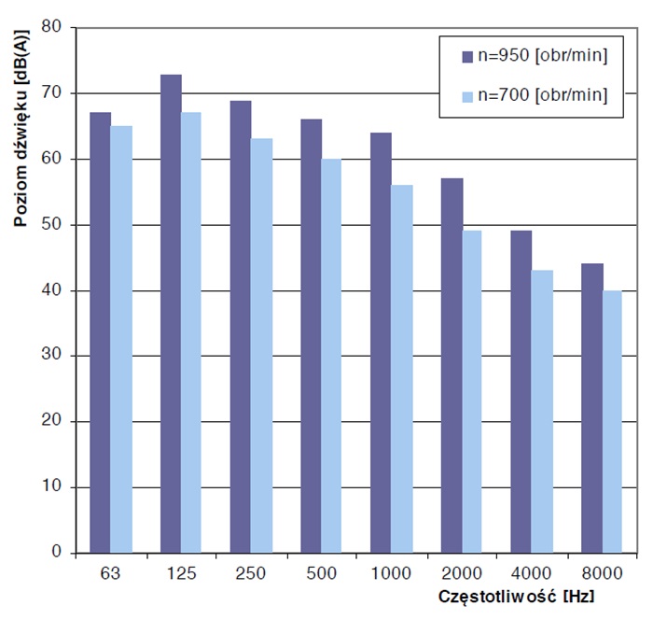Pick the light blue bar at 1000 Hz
click(x=402, y=369)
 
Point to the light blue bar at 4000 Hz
click(x=542, y=412)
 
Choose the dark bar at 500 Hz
click(x=311, y=336)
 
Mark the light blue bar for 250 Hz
click(x=261, y=345)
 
